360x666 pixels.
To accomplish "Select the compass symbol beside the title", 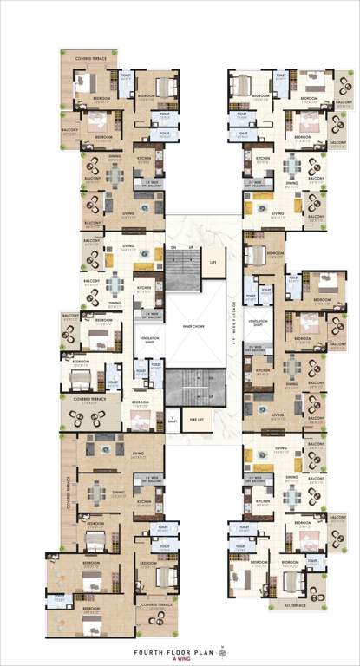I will coord(222,646).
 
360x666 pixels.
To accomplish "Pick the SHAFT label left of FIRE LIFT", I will coord(173,420).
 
